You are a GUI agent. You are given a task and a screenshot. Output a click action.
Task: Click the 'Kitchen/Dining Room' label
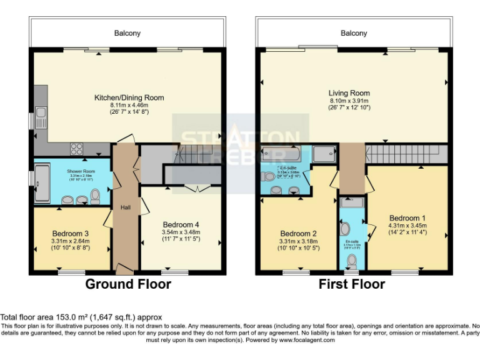pos(129,97)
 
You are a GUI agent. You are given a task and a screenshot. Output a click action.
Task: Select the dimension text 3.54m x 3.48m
pos(181,232)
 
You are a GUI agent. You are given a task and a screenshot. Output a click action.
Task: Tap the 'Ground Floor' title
pos(127,284)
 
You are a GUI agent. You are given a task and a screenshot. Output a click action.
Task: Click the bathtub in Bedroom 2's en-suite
pos(279,154)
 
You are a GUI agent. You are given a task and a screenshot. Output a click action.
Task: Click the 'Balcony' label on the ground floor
pos(127,33)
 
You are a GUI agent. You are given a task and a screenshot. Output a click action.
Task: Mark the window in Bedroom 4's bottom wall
pos(174,272)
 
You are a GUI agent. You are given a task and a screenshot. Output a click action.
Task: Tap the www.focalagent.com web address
pos(306,341)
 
